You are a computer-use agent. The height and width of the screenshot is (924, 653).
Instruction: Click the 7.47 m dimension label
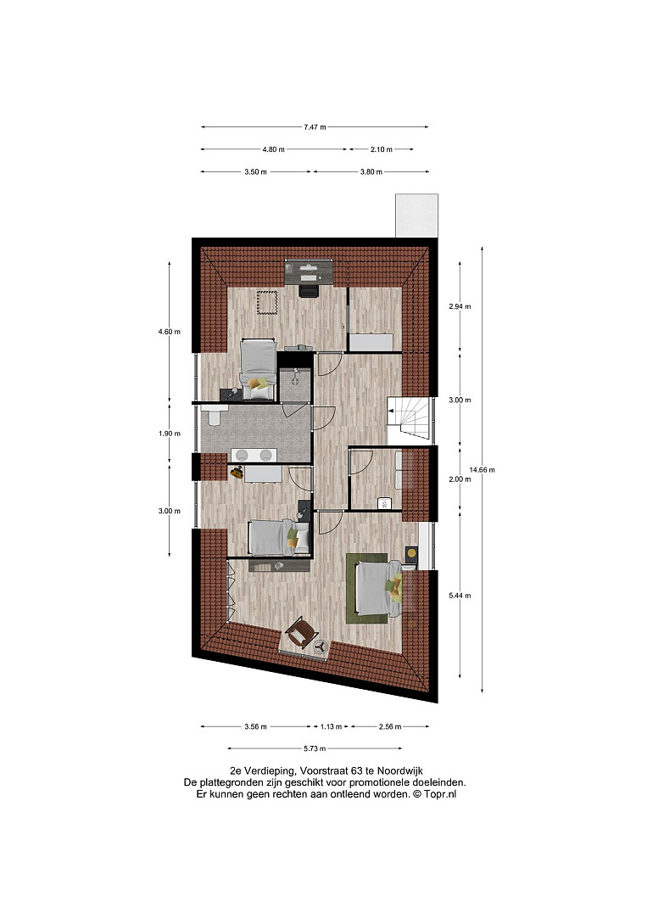pos(315,126)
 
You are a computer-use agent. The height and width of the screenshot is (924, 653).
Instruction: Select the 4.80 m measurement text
pos(273,149)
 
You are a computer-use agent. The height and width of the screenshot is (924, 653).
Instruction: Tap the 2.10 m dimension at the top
pos(381,149)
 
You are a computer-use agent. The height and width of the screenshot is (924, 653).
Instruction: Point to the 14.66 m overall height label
pos(482,470)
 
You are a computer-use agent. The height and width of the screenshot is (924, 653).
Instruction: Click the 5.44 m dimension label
pos(460,595)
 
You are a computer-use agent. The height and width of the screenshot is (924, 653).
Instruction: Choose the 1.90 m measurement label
pos(170,433)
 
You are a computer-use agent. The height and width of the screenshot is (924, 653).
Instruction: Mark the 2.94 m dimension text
pos(460,306)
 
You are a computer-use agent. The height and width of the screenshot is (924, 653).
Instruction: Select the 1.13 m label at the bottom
pos(331,726)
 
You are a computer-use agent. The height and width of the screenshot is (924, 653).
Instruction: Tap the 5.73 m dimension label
pos(315,748)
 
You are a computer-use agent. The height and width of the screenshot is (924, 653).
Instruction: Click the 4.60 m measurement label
pos(170,332)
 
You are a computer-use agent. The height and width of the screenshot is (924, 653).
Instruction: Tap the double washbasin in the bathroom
pos(254,455)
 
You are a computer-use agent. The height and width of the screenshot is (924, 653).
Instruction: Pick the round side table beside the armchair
pos(321,647)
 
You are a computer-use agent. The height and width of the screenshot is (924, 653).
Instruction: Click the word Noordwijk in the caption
pos(399,770)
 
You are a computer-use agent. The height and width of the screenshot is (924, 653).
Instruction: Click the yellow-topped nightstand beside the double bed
pos(411,553)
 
